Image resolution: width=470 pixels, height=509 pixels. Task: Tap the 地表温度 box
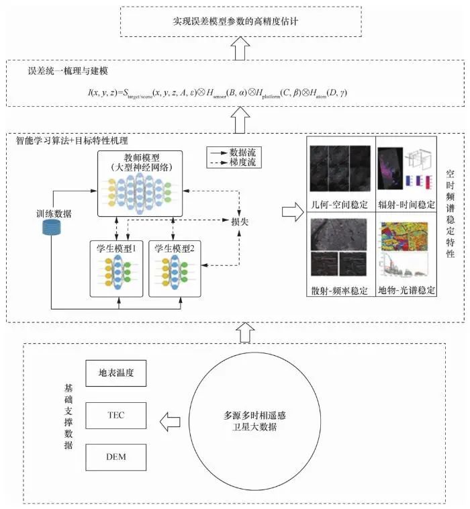pyautogui.click(x=116, y=373)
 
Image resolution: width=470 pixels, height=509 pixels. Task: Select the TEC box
pyautogui.click(x=116, y=416)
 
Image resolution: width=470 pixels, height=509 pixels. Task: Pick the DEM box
pyautogui.click(x=116, y=457)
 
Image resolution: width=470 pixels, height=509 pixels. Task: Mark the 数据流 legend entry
pyautogui.click(x=234, y=152)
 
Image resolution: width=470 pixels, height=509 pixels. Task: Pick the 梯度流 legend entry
pyautogui.click(x=234, y=163)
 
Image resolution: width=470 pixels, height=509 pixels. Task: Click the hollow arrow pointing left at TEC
pyautogui.click(x=169, y=422)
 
